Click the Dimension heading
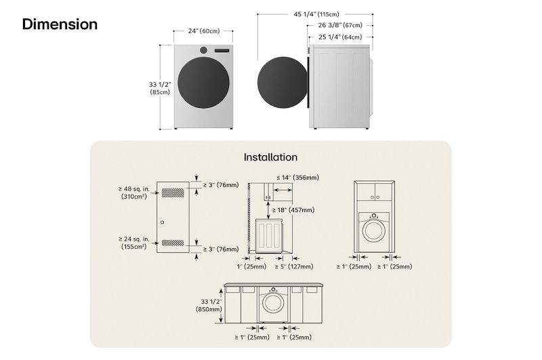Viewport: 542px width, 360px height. coord(60,24)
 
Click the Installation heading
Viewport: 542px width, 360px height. coord(270,157)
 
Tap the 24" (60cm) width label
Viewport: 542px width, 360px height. coord(203,31)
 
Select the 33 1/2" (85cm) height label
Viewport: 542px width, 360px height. coord(159,88)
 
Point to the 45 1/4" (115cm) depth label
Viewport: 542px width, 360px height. coord(316,14)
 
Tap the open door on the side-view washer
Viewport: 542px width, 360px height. coord(282,83)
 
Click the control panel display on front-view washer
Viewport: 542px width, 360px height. coord(222,51)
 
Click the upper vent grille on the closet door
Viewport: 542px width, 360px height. coord(172,193)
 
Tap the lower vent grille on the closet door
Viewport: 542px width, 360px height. coord(172,243)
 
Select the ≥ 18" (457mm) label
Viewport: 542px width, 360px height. coord(293,210)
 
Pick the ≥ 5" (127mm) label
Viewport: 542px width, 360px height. coord(293,266)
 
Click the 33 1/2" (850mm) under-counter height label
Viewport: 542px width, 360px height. coord(209,305)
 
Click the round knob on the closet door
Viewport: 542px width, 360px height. coord(163,222)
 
